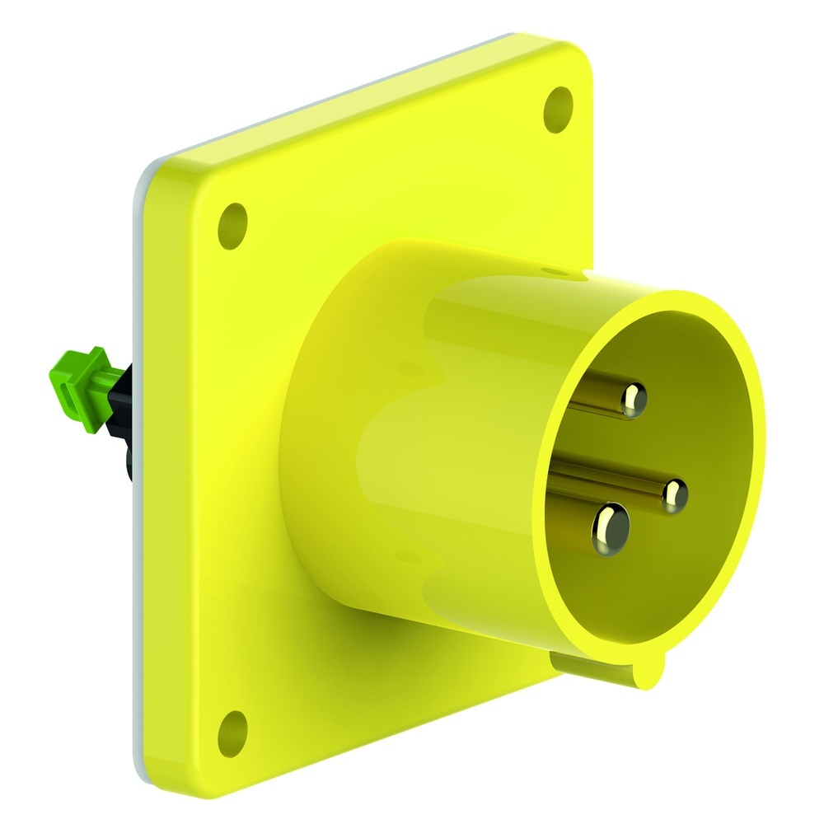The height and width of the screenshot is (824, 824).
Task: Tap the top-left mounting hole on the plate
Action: coord(233,223)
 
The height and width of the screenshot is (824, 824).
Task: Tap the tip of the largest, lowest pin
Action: coord(610,527)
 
